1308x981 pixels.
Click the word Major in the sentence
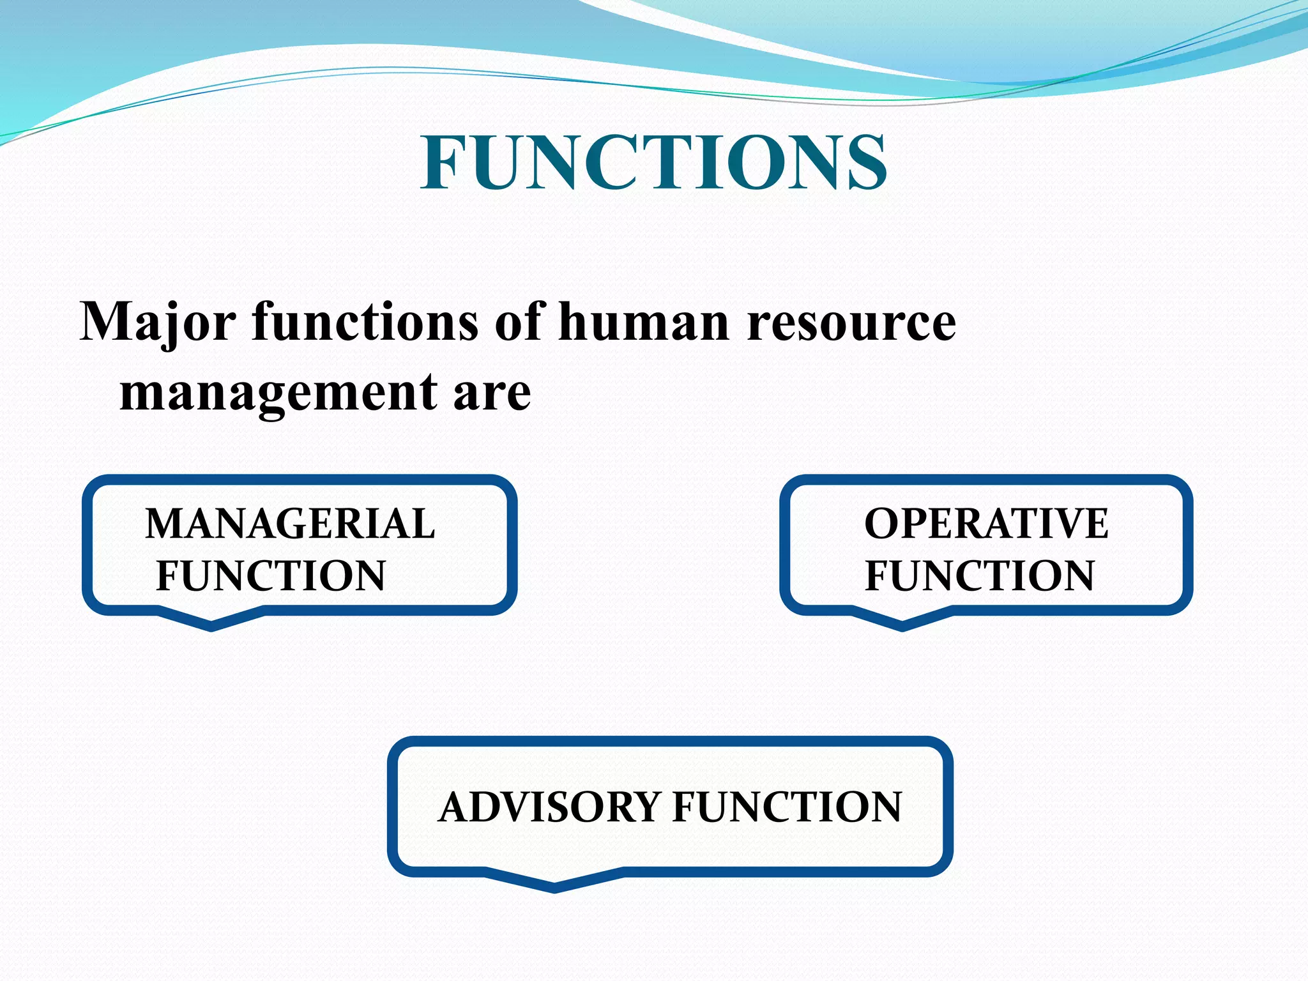point(157,322)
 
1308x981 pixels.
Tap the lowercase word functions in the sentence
point(365,321)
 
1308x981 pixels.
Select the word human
point(644,321)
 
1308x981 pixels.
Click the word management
point(278,392)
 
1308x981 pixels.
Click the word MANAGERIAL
point(290,524)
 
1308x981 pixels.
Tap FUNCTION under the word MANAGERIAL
point(271,575)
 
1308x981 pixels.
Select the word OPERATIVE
point(986,524)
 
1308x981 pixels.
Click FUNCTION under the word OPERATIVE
point(979,575)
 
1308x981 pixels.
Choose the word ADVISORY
point(549,807)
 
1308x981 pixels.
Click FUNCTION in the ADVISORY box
point(787,807)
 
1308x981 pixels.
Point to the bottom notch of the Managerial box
point(211,624)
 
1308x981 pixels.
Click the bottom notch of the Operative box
point(902,624)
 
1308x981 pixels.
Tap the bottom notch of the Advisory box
point(554,886)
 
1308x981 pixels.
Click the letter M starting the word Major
point(103,321)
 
